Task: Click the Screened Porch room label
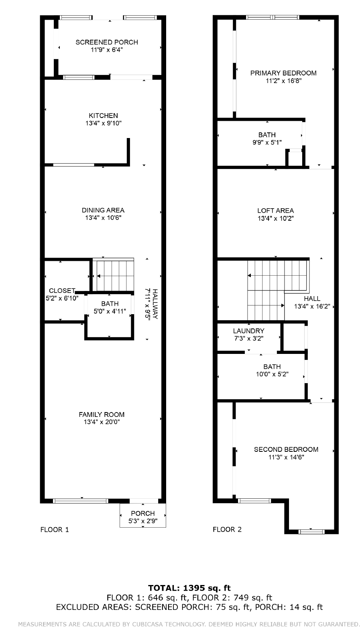[x=107, y=42]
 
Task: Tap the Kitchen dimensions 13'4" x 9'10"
[x=104, y=123]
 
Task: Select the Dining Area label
[x=103, y=210]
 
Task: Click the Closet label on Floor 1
[x=62, y=291]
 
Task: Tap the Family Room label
[x=102, y=414]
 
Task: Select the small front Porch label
[x=143, y=513]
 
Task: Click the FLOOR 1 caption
[x=55, y=530]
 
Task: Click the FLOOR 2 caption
[x=227, y=529]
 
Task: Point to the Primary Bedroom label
[x=283, y=73]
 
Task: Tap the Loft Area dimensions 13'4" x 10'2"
[x=275, y=218]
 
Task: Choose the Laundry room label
[x=248, y=331]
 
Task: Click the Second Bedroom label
[x=286, y=449]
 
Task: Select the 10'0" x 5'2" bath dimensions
[x=272, y=374]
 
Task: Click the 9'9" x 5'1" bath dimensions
[x=267, y=142]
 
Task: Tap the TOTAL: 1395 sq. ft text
[x=189, y=588]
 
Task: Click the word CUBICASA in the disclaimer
[x=148, y=624]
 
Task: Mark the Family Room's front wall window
[x=81, y=501]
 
